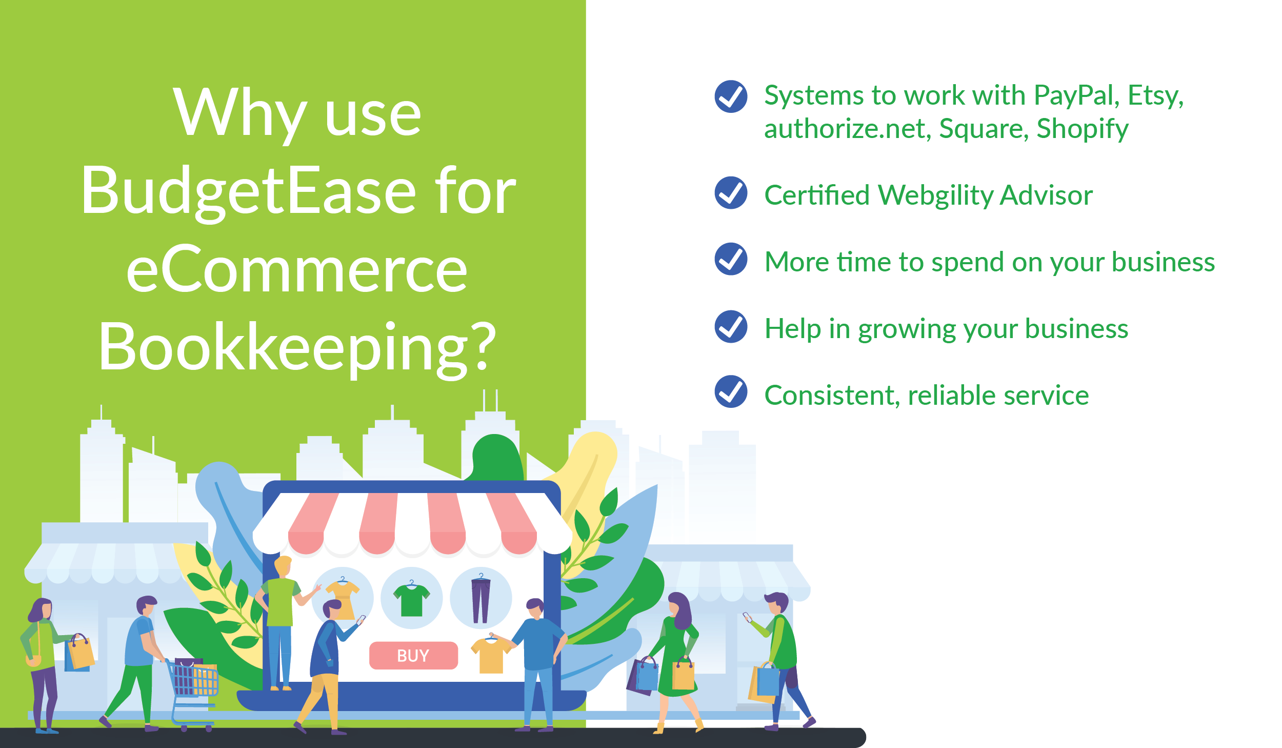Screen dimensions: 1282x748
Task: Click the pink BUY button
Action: click(413, 655)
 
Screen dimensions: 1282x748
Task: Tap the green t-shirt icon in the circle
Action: click(411, 599)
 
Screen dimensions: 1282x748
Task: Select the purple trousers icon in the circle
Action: click(480, 599)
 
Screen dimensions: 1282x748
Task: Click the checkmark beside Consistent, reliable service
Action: click(731, 391)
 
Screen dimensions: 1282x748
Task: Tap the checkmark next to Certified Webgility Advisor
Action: click(731, 192)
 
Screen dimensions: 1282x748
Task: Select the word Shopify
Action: click(1082, 129)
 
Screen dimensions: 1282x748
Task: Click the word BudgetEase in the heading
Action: click(249, 192)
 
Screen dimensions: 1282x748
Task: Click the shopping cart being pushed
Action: click(192, 690)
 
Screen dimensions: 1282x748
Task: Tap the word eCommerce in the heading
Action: click(297, 269)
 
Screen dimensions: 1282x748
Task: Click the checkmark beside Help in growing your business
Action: click(731, 326)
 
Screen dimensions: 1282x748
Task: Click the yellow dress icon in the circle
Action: click(343, 597)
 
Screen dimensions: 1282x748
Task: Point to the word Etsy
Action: click(1156, 96)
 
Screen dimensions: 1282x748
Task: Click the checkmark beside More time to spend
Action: click(731, 259)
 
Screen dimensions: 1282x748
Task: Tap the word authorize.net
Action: click(847, 128)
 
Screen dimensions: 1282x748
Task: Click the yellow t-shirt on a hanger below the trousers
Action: click(491, 654)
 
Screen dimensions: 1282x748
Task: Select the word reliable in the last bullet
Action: click(952, 395)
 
